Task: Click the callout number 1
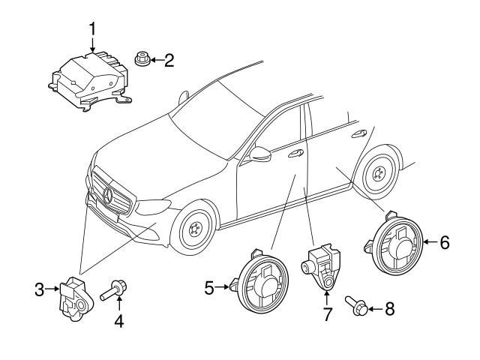click(x=92, y=29)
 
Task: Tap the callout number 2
click(x=169, y=59)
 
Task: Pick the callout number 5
click(x=210, y=286)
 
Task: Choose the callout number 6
click(x=444, y=242)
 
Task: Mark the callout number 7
click(x=327, y=313)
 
